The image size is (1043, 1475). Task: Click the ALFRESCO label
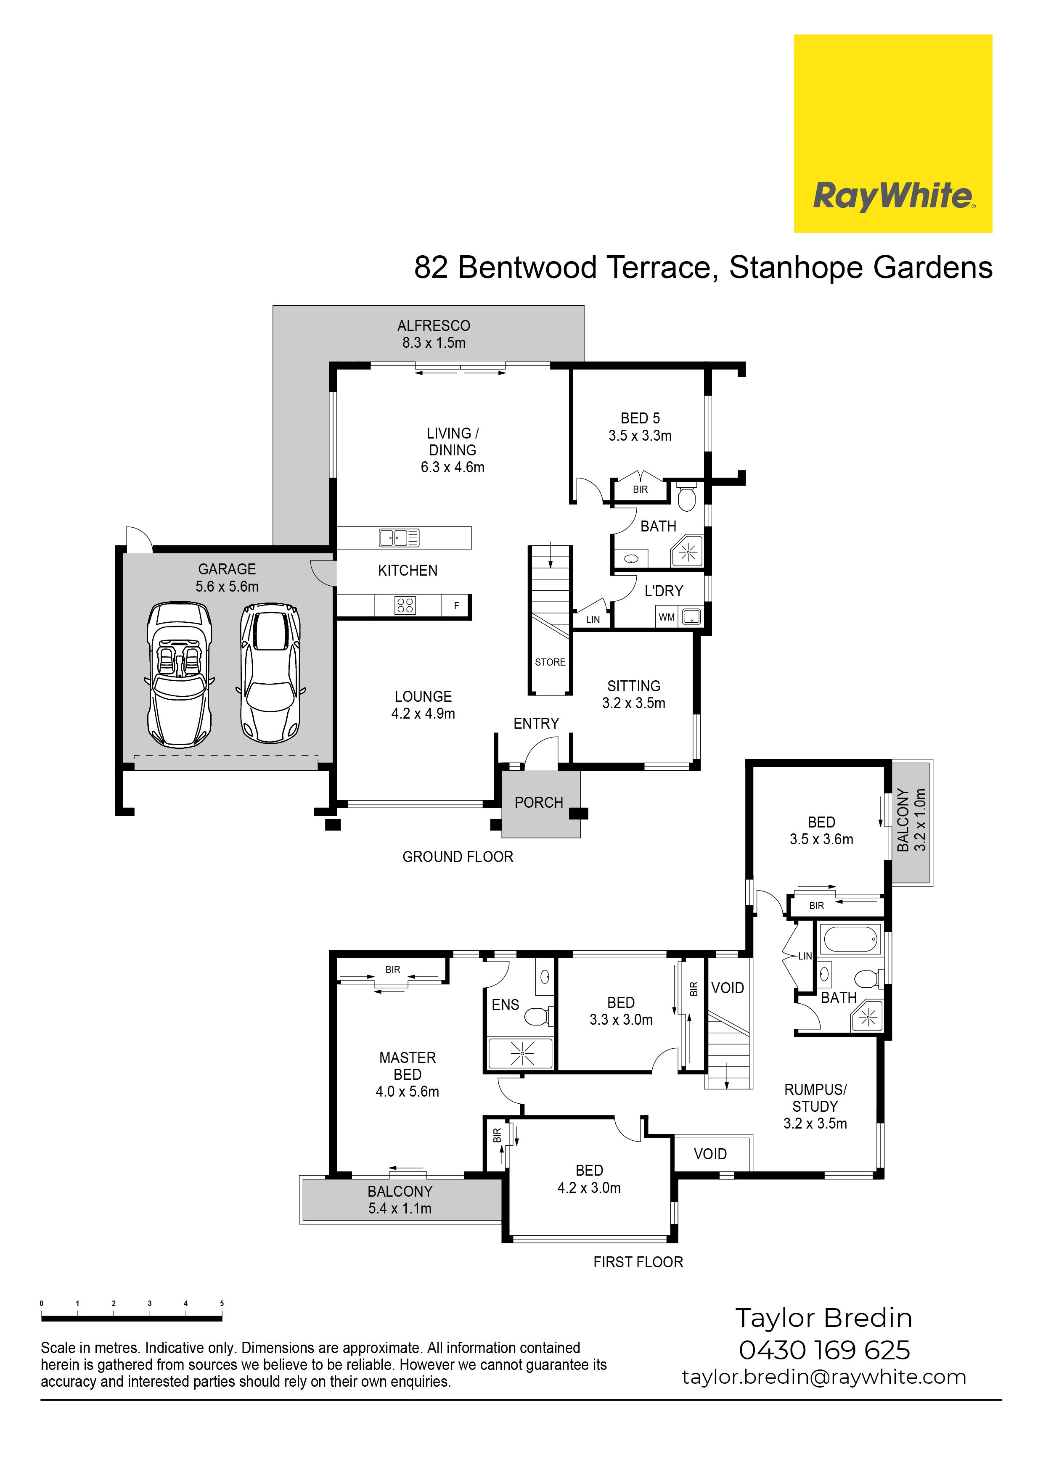pyautogui.click(x=434, y=326)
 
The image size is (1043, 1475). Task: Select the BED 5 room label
pyautogui.click(x=640, y=418)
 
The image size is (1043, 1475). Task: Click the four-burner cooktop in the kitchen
pyautogui.click(x=405, y=605)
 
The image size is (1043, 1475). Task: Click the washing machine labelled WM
pyautogui.click(x=667, y=617)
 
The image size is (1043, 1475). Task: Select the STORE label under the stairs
pyautogui.click(x=550, y=662)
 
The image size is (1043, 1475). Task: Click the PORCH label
pyautogui.click(x=538, y=802)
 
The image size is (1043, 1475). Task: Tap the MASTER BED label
pyautogui.click(x=408, y=1066)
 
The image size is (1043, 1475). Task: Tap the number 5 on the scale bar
pyautogui.click(x=222, y=1303)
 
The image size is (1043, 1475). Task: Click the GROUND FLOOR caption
pyautogui.click(x=458, y=856)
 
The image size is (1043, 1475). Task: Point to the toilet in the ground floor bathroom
pyautogui.click(x=687, y=497)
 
